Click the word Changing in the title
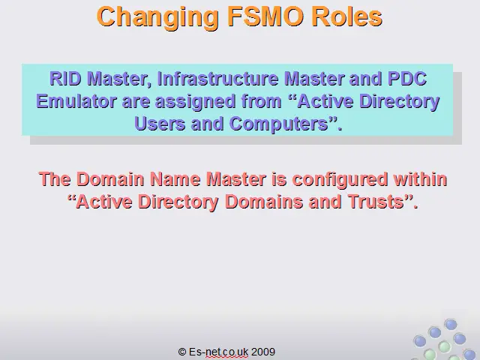click(x=157, y=18)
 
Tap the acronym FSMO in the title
click(x=265, y=16)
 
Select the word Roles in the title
click(x=347, y=16)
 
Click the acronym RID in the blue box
click(x=66, y=79)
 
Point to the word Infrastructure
click(x=218, y=79)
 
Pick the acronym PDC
click(x=407, y=79)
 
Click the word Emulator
click(x=76, y=101)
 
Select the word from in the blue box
click(x=261, y=101)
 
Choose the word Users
click(x=160, y=124)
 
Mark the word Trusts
click(x=376, y=202)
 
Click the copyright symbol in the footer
click(x=182, y=352)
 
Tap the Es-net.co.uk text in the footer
click(x=218, y=352)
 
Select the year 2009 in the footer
click(x=263, y=352)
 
